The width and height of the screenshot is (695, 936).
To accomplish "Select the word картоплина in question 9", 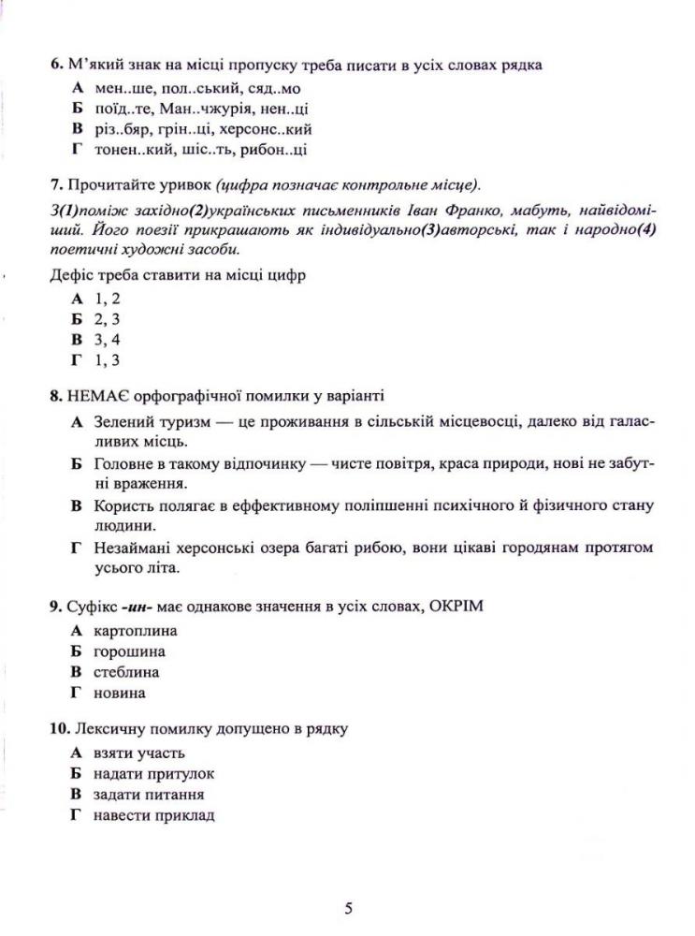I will pyautogui.click(x=135, y=631).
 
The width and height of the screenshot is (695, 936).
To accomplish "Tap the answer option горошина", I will pyautogui.click(x=129, y=651).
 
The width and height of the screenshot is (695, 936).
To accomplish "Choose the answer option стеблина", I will pyautogui.click(x=126, y=672).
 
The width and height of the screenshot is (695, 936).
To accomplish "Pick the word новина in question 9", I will pyautogui.click(x=120, y=693).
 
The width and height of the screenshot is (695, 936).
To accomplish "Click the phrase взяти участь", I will pyautogui.click(x=138, y=753).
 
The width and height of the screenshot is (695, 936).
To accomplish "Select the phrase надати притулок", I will pyautogui.click(x=153, y=774).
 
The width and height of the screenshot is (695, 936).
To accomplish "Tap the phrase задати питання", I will pyautogui.click(x=149, y=795).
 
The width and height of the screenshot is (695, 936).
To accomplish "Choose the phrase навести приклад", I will pyautogui.click(x=154, y=815).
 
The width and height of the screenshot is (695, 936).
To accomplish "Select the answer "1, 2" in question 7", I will pyautogui.click(x=108, y=299).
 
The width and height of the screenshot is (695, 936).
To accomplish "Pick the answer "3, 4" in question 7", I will pyautogui.click(x=108, y=340).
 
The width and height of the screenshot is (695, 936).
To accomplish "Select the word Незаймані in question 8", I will pyautogui.click(x=134, y=548).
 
